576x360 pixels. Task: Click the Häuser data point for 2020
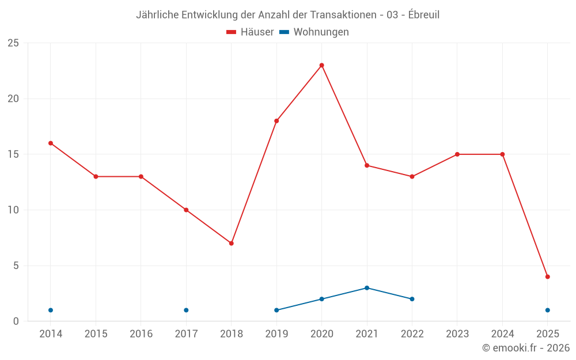tap(321, 65)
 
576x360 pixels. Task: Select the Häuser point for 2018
tap(231, 243)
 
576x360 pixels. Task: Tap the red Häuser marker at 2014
tap(51, 143)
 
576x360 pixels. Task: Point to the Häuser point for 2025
tap(547, 276)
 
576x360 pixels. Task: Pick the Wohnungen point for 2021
tap(367, 288)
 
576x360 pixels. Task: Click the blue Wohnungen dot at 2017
tap(186, 310)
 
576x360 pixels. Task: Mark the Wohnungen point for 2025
tap(547, 310)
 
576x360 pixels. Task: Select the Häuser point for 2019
tap(276, 121)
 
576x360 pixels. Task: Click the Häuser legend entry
tap(250, 32)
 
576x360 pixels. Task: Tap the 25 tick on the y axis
tap(13, 43)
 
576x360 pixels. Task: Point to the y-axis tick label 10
tap(13, 210)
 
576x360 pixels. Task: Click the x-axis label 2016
tap(141, 334)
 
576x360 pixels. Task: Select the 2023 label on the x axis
tap(457, 334)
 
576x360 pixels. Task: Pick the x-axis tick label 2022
tap(412, 334)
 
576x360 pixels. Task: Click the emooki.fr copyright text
tap(526, 348)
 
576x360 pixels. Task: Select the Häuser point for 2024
tap(502, 154)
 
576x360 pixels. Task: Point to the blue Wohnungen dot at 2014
tap(51, 310)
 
